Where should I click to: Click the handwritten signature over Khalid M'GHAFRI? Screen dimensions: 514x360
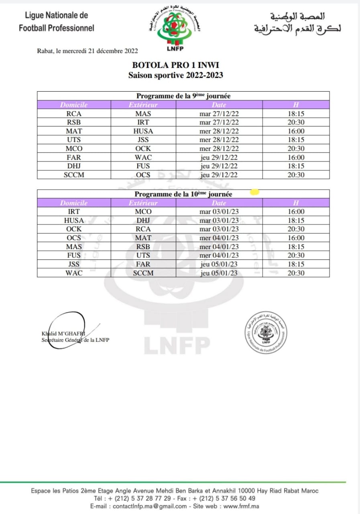pyautogui.click(x=68, y=330)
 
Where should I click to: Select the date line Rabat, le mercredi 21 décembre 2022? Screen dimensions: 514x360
pyautogui.click(x=87, y=51)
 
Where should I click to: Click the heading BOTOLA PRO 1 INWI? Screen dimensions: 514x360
pyautogui.click(x=176, y=65)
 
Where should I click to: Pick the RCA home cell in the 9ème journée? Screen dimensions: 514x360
pyautogui.click(x=74, y=114)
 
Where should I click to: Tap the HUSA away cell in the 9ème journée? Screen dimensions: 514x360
pyautogui.click(x=143, y=131)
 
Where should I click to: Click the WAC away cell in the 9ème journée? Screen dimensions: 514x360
pyautogui.click(x=143, y=157)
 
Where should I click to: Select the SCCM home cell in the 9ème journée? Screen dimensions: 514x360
pyautogui.click(x=74, y=175)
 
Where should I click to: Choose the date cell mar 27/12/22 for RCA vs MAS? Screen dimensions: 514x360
pyautogui.click(x=219, y=114)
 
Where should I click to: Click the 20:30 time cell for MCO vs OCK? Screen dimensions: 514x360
pyautogui.click(x=296, y=149)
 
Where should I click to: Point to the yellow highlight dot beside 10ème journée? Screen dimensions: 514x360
pyautogui.click(x=254, y=192)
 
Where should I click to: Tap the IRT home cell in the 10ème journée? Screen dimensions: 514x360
pyautogui.click(x=74, y=212)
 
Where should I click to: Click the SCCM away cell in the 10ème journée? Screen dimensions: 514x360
pyautogui.click(x=143, y=273)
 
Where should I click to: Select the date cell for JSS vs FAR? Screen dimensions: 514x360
pyautogui.click(x=219, y=264)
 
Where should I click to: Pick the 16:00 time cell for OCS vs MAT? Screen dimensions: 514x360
pyautogui.click(x=296, y=238)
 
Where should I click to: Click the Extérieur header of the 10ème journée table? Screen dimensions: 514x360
pyautogui.click(x=143, y=203)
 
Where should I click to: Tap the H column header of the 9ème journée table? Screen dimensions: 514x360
pyautogui.click(x=296, y=105)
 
